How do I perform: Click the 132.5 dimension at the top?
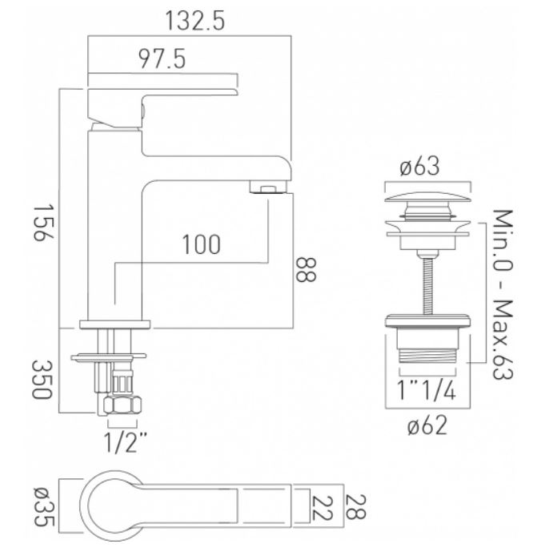click(194, 21)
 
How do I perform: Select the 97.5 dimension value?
click(162, 58)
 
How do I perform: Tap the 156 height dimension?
click(43, 223)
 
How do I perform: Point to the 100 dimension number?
click(201, 244)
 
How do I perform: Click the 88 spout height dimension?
click(306, 269)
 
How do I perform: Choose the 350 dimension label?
click(42, 379)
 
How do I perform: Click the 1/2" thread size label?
click(125, 441)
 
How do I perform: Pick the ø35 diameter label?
click(44, 507)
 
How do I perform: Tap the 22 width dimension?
click(322, 508)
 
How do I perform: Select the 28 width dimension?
click(355, 507)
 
